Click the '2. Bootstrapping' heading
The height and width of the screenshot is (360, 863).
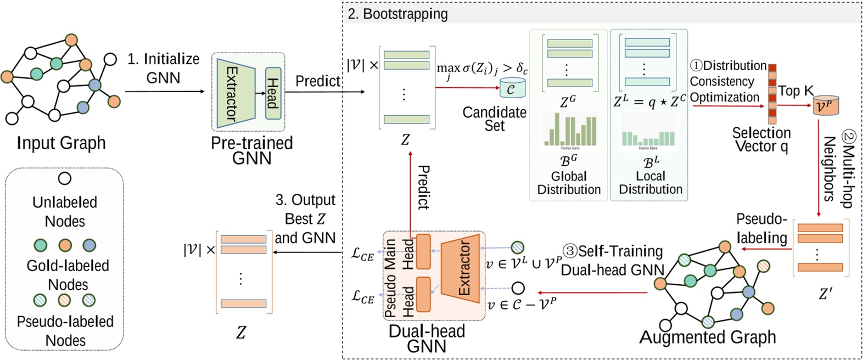click(x=397, y=14)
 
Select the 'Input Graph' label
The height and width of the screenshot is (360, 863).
click(x=61, y=143)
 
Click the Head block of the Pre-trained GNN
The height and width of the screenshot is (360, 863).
click(x=273, y=93)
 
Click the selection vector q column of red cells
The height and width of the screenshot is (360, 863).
click(x=772, y=94)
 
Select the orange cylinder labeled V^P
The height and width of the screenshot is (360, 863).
click(x=826, y=105)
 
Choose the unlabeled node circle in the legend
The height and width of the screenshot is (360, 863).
click(x=65, y=178)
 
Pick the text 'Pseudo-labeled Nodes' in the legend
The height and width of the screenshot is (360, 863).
click(x=65, y=330)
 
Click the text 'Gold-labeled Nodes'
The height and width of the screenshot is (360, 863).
click(x=68, y=274)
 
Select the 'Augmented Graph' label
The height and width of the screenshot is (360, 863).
click(x=708, y=336)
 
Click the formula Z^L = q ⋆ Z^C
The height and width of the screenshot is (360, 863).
click(x=649, y=101)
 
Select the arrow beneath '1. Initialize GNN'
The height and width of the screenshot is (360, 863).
click(x=164, y=92)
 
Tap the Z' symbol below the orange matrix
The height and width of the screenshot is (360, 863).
click(x=825, y=294)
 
